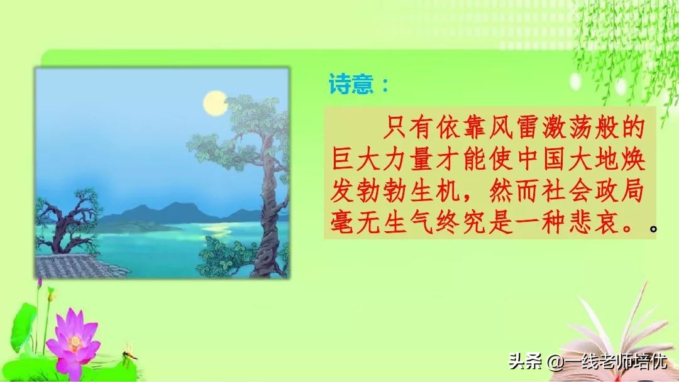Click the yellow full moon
[x=215, y=102]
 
